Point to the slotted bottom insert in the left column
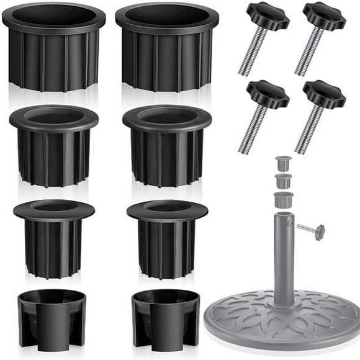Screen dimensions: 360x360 click(x=52, y=317)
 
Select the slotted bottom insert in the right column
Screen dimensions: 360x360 click(x=165, y=317)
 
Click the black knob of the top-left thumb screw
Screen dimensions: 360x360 click(x=268, y=16)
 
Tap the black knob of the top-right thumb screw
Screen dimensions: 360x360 click(x=323, y=16)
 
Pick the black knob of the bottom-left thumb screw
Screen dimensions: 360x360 click(x=268, y=94)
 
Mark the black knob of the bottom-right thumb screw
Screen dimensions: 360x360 click(x=323, y=94)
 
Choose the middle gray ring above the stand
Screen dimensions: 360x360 click(x=284, y=181)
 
